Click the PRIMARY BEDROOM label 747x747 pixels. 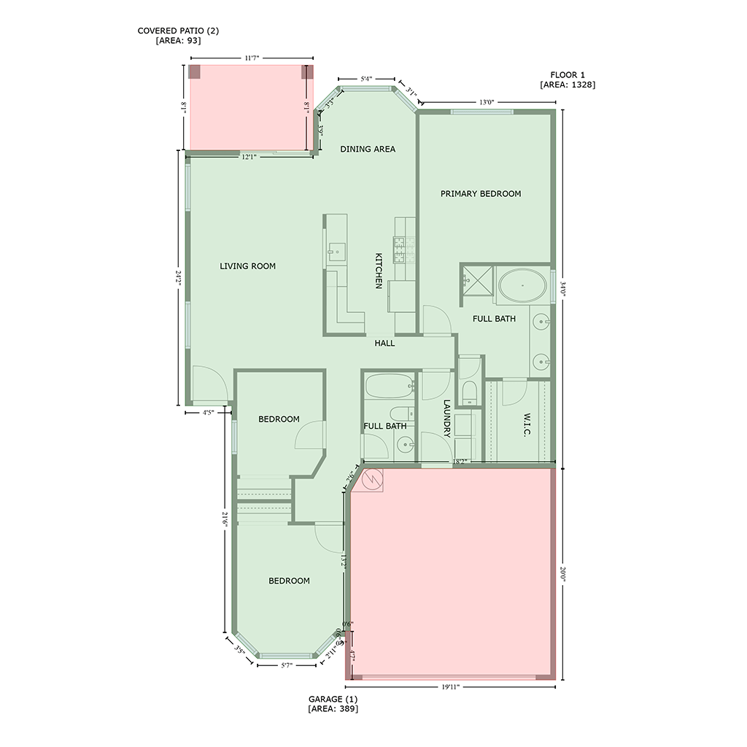click(480, 194)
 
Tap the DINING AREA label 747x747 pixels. click(368, 149)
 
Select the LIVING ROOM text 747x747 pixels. click(247, 266)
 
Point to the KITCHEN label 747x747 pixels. click(379, 271)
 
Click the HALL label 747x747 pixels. click(384, 343)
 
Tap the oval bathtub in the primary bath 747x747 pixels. click(522, 285)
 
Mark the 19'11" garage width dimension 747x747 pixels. click(449, 687)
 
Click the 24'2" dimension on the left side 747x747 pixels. click(178, 277)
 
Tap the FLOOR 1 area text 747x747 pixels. click(568, 80)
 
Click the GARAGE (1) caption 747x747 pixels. click(333, 703)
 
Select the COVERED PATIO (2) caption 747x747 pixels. click(178, 36)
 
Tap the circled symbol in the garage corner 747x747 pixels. click(372, 479)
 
